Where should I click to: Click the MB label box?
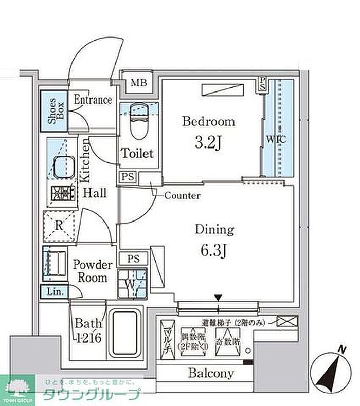pyautogui.click(x=137, y=82)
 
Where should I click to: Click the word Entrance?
pyautogui.click(x=93, y=100)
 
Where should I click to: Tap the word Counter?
pyautogui.click(x=183, y=196)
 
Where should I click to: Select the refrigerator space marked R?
pyautogui.click(x=59, y=225)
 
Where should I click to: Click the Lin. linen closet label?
pyautogui.click(x=55, y=291)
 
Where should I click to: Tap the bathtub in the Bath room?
pyautogui.click(x=124, y=334)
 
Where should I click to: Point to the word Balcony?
pyautogui.click(x=210, y=374)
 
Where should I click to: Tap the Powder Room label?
pyautogui.click(x=92, y=271)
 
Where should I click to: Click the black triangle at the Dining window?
pyautogui.click(x=219, y=297)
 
